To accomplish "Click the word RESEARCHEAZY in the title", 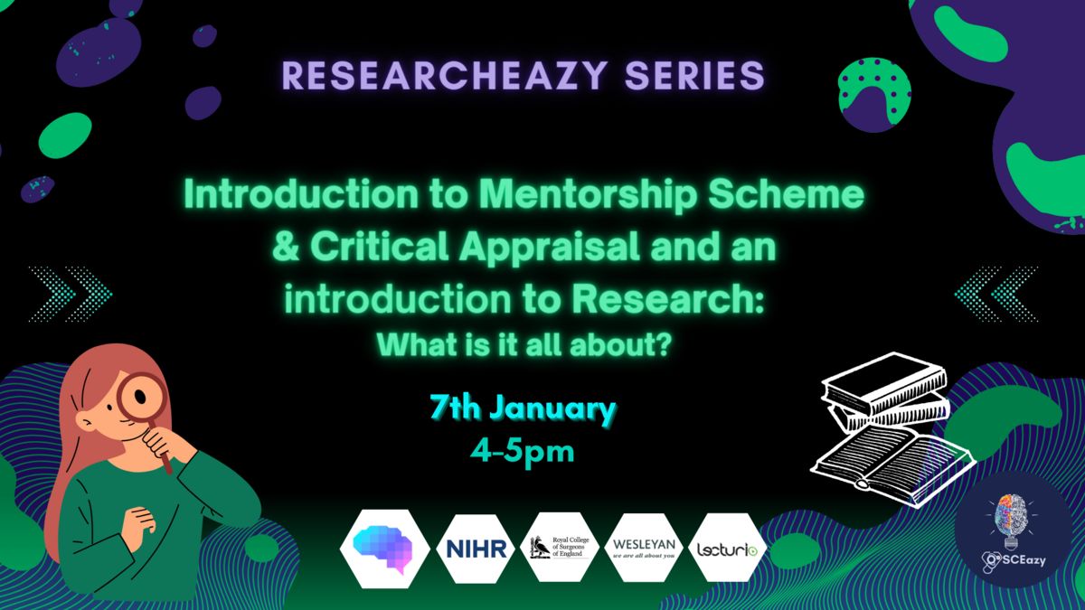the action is (444, 76).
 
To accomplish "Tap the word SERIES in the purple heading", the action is (694, 76).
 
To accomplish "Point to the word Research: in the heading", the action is (667, 299).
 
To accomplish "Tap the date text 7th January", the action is (524, 409).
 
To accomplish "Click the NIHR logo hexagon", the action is (476, 549).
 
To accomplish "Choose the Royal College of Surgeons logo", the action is (560, 547).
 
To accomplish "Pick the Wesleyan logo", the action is (643, 548).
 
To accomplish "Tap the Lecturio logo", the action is (727, 548).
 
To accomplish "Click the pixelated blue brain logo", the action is (384, 549).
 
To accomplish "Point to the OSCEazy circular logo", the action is (1014, 530).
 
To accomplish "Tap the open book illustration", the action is (893, 464).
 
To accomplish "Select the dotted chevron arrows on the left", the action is (71, 294).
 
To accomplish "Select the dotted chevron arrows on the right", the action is (995, 294).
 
